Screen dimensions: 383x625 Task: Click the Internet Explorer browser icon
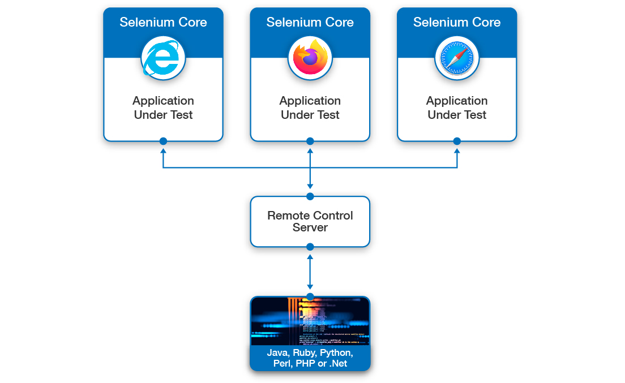(163, 58)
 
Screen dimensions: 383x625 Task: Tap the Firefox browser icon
(310, 58)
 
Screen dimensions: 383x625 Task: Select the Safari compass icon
(457, 58)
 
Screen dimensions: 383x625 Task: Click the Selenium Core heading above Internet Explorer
(163, 23)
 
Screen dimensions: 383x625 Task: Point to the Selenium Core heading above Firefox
(310, 23)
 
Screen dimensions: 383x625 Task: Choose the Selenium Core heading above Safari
(457, 23)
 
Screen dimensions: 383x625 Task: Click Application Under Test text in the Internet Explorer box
(163, 107)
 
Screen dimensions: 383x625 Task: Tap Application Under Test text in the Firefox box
(310, 107)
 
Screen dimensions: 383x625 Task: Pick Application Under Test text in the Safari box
(457, 107)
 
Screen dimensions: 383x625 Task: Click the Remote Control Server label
(310, 221)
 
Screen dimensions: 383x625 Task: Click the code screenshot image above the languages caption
(310, 321)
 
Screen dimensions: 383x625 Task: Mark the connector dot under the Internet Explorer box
(163, 141)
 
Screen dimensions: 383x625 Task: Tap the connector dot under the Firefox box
(310, 141)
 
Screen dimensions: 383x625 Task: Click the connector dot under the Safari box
(457, 141)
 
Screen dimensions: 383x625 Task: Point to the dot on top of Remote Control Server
(310, 196)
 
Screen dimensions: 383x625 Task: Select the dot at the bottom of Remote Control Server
(310, 247)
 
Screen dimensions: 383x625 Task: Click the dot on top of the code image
(310, 296)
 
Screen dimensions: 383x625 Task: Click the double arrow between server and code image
(310, 272)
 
